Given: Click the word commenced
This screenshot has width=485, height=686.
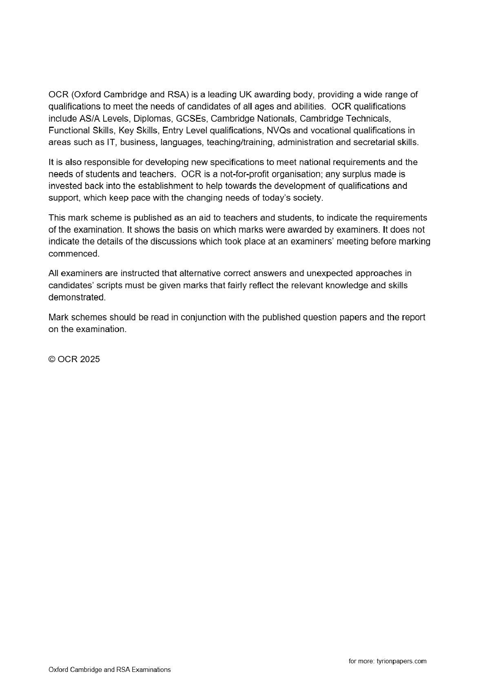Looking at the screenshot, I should point(74,253).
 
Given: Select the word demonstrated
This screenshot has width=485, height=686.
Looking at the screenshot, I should point(77,297).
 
